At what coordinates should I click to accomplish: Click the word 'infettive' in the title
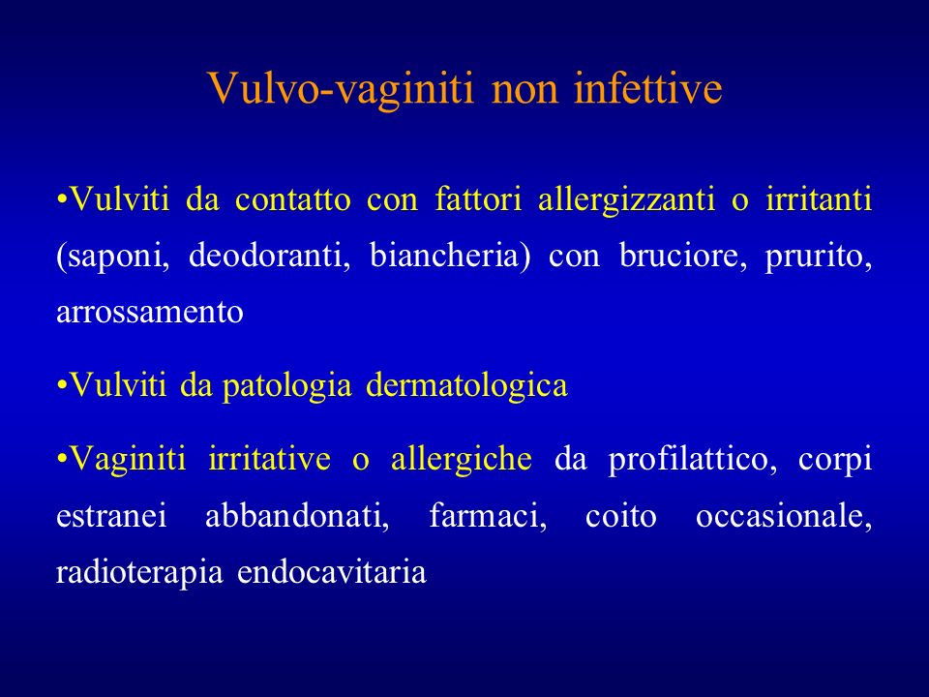point(647,88)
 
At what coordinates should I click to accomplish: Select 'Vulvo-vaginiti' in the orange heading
point(342,90)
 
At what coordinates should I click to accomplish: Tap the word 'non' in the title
point(524,93)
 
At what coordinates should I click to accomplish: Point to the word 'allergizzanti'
point(626,199)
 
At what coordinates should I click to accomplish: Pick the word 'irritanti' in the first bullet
point(819,198)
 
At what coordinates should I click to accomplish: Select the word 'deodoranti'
point(269,256)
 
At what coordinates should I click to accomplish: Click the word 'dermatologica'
point(466,386)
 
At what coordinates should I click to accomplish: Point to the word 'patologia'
point(286,386)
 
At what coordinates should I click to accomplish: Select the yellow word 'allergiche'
point(461,459)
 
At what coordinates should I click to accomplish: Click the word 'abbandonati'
point(297,516)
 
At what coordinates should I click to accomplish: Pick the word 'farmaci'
point(488,516)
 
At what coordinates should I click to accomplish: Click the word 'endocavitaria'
point(332,572)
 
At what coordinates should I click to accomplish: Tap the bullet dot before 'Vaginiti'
point(61,460)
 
